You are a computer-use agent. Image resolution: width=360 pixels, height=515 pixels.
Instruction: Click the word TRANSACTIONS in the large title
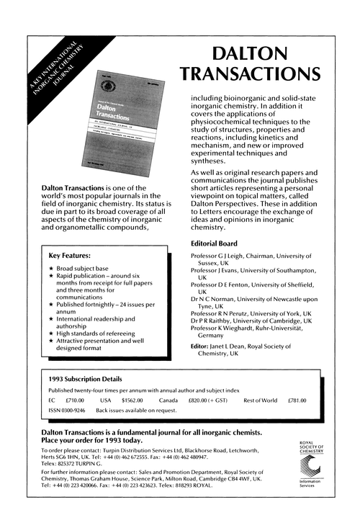tap(250, 75)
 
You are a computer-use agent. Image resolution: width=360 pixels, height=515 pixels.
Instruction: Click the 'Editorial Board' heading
tap(216, 243)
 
